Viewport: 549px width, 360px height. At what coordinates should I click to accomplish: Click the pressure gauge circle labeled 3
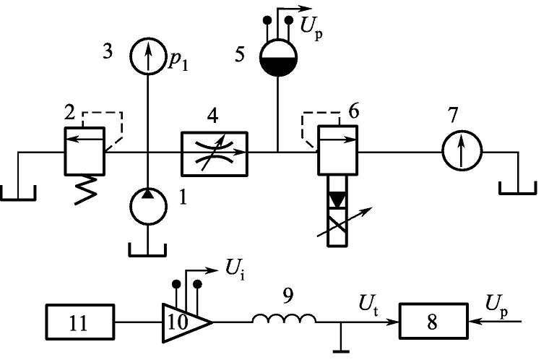click(x=148, y=57)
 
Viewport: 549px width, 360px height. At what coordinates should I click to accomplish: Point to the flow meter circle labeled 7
click(x=462, y=153)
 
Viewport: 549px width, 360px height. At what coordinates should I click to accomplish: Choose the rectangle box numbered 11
click(x=80, y=320)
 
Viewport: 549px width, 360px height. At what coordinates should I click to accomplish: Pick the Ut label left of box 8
click(x=364, y=298)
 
